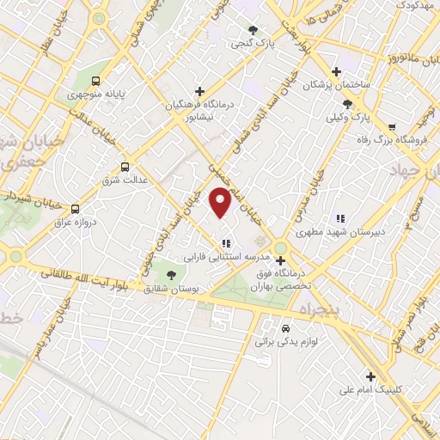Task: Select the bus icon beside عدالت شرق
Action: pyautogui.click(x=125, y=167)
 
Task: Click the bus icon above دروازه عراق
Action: pyautogui.click(x=76, y=209)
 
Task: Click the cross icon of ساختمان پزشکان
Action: pyautogui.click(x=336, y=71)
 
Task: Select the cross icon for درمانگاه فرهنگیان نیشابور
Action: pyautogui.click(x=199, y=91)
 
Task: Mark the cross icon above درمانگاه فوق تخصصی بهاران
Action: pyautogui.click(x=280, y=260)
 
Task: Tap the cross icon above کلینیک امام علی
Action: pyautogui.click(x=370, y=376)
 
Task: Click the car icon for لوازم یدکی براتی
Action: pyautogui.click(x=285, y=327)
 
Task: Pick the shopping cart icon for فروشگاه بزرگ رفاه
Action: pyautogui.click(x=392, y=127)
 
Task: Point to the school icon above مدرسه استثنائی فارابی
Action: pyautogui.click(x=226, y=243)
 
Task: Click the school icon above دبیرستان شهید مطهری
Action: pyautogui.click(x=339, y=218)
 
